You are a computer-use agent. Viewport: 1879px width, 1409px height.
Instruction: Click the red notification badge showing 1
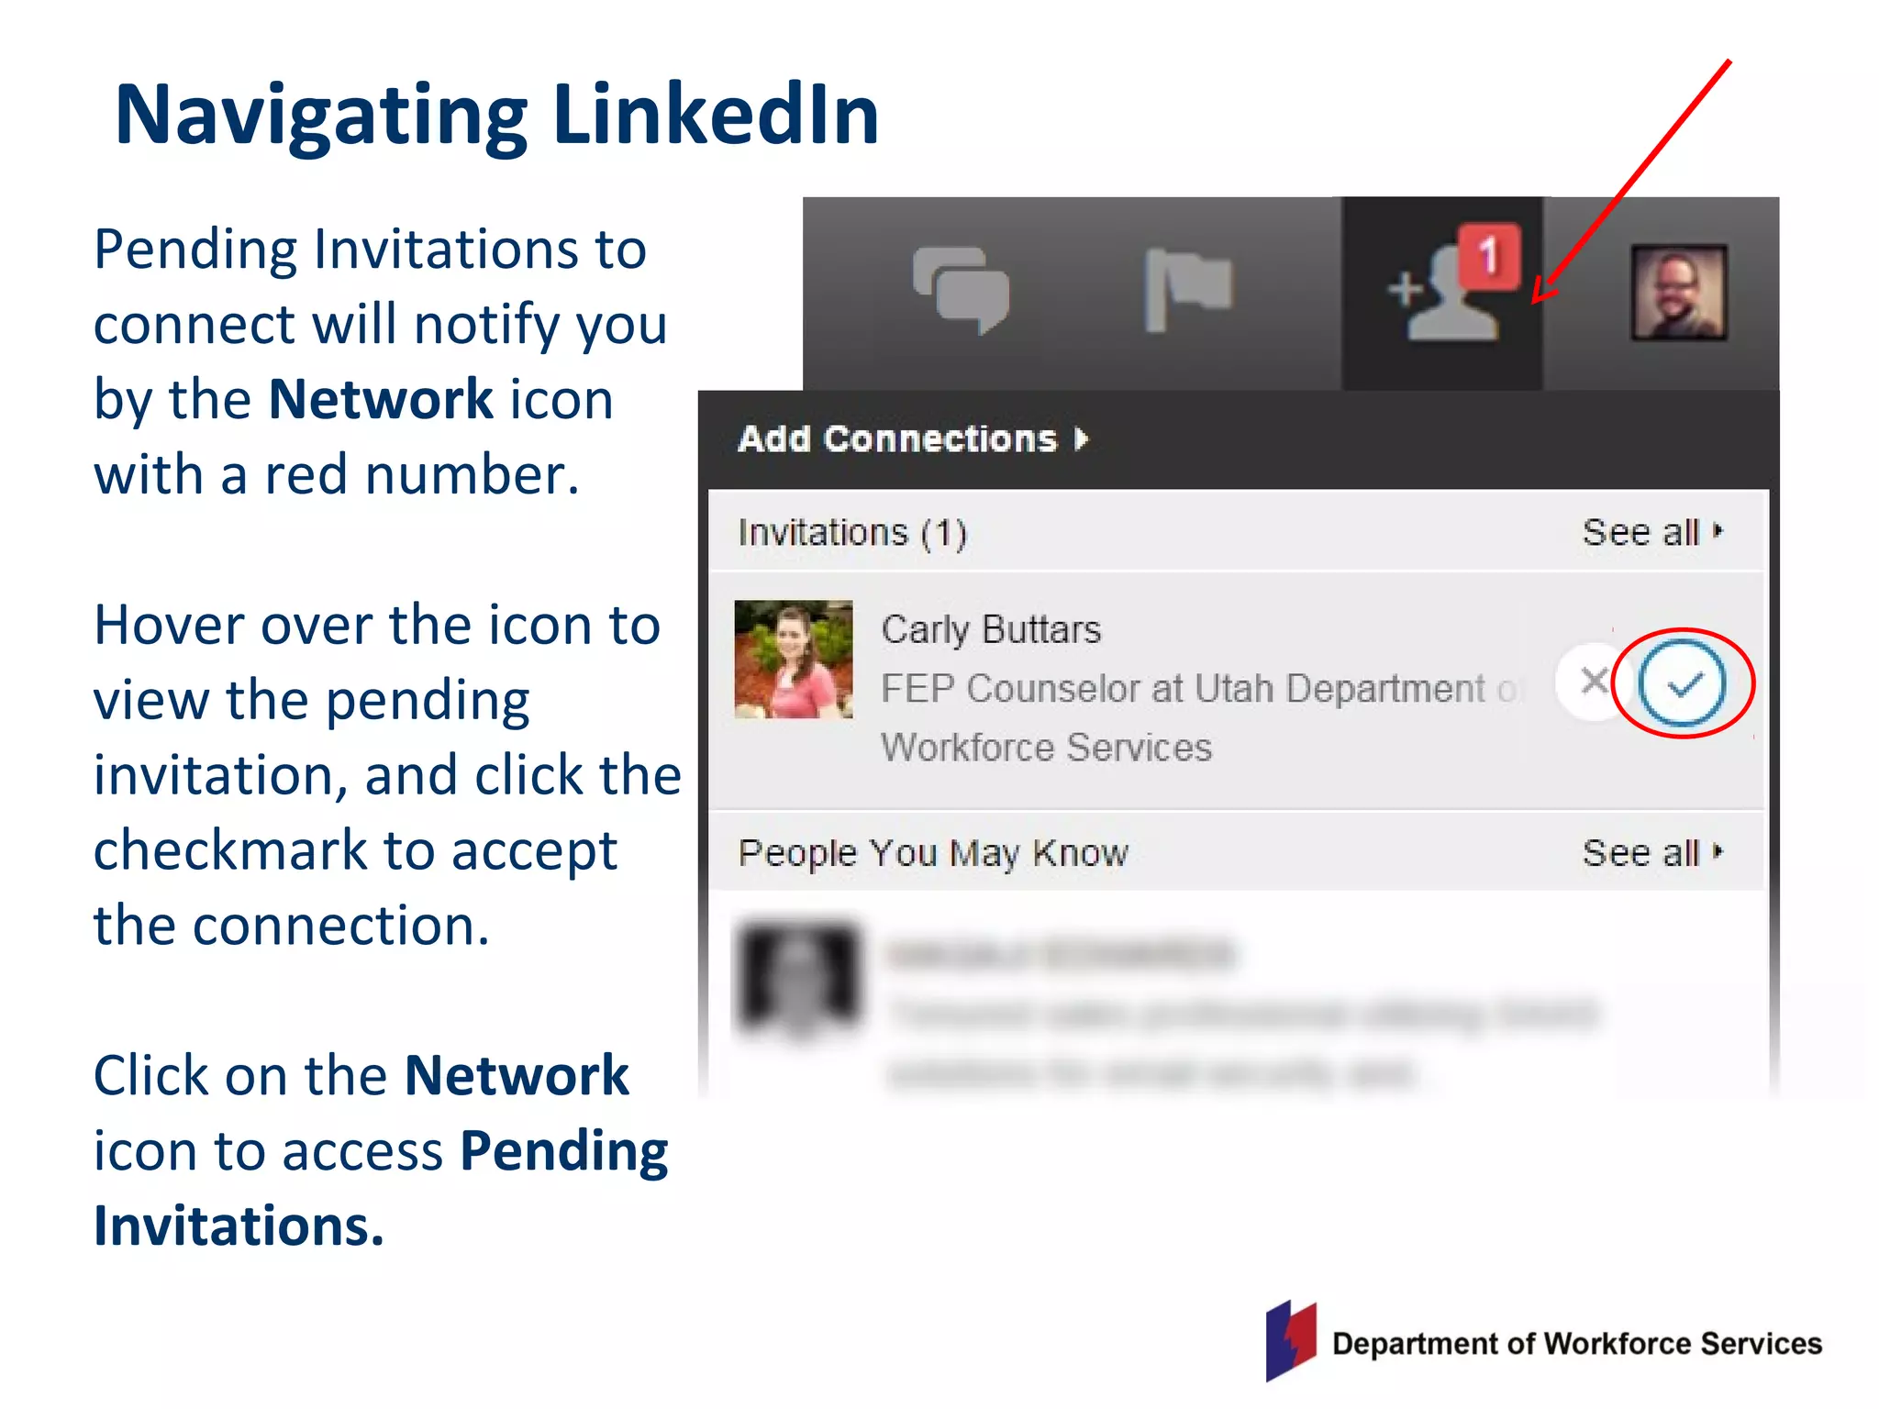coord(1489,255)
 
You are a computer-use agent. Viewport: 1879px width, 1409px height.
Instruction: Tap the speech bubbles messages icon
coord(961,289)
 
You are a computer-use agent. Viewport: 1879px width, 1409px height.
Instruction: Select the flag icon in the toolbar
coord(1186,287)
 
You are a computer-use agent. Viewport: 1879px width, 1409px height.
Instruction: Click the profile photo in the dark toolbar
coord(1678,293)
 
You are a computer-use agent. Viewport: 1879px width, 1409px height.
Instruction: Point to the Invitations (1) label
coord(851,533)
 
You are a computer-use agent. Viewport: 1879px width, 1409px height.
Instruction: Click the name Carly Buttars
coord(990,630)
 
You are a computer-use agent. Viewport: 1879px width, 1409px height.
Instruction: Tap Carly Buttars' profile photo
coord(794,659)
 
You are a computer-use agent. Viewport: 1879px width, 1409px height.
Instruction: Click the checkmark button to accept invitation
coord(1682,683)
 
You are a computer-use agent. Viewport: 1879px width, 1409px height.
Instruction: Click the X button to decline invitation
coord(1595,682)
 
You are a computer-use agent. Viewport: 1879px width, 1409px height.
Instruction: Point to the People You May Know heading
coord(932,853)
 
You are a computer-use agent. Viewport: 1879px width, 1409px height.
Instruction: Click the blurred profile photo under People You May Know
coord(799,978)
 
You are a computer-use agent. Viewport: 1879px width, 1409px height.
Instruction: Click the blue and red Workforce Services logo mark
coord(1290,1340)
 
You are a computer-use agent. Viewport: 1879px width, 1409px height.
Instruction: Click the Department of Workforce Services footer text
coord(1576,1344)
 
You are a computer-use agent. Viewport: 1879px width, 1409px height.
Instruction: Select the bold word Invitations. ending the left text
coord(239,1226)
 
